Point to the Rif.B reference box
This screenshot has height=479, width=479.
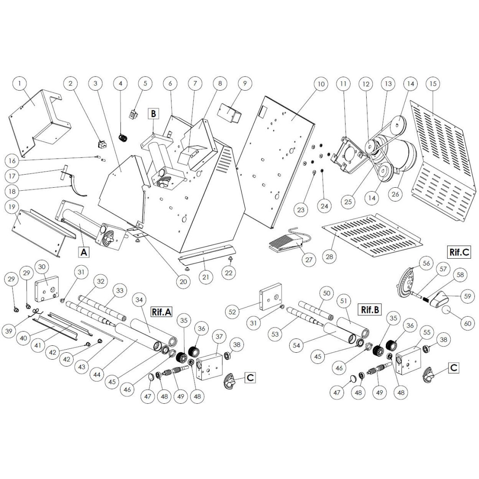pos(370,310)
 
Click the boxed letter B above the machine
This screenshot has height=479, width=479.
pos(153,114)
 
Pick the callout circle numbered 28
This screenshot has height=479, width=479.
pos(330,256)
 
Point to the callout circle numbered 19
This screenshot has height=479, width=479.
pos(16,207)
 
